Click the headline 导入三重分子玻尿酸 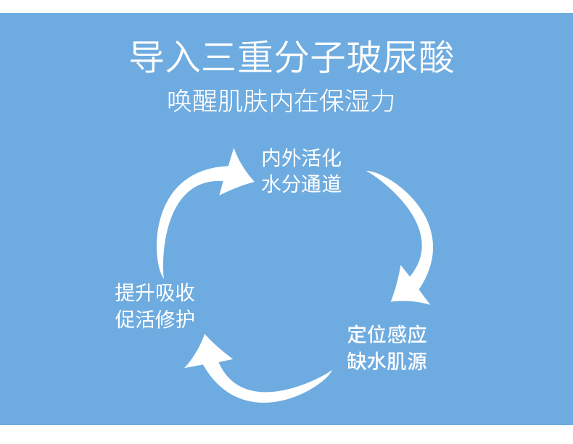tap(292, 58)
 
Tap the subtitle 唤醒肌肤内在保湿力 tap(281, 101)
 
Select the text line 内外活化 tap(301, 158)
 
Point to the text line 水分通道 tap(301, 184)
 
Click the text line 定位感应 tap(387, 335)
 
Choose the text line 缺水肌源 tap(387, 361)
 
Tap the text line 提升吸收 tap(155, 293)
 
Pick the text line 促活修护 tap(155, 319)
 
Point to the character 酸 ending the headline tap(437, 58)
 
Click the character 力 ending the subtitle tap(384, 101)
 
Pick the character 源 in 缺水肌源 tap(416, 361)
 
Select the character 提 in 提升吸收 tap(125, 293)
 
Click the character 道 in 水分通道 tap(331, 184)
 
